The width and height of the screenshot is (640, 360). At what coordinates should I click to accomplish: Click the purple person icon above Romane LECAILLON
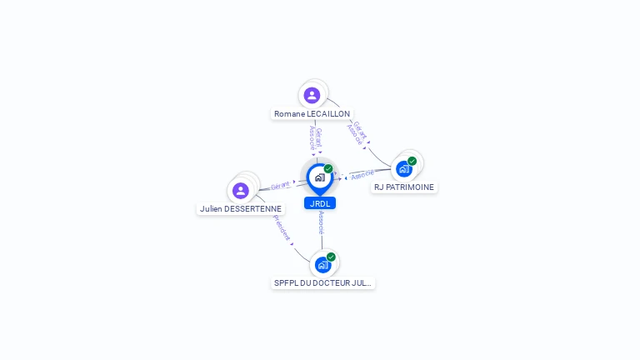(x=312, y=95)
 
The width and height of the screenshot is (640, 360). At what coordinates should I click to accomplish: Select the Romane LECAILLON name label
(x=312, y=113)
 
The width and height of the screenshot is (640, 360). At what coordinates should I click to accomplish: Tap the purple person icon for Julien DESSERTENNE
(x=241, y=190)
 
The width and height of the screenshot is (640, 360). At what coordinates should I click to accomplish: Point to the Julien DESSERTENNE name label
(x=241, y=208)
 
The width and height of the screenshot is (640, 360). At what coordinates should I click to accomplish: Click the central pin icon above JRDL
(x=319, y=177)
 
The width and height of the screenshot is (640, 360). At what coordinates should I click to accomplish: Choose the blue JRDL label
(x=319, y=203)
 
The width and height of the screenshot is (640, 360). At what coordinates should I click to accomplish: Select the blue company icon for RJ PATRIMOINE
(x=404, y=168)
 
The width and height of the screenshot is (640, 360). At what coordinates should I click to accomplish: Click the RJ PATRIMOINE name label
(x=404, y=187)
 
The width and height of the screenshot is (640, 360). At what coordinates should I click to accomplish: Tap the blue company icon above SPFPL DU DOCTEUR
(x=322, y=265)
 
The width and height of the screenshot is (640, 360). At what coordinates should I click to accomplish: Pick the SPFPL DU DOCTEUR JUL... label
(x=323, y=283)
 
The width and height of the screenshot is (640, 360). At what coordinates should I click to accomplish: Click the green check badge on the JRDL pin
(x=328, y=169)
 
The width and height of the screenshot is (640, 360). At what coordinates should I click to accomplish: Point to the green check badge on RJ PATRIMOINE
(x=412, y=161)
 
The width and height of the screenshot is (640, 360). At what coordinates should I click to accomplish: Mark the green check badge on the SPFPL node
(x=331, y=257)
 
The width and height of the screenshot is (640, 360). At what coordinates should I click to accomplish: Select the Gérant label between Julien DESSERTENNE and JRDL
(x=280, y=185)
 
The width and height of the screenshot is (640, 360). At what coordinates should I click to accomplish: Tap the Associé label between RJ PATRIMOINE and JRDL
(x=362, y=175)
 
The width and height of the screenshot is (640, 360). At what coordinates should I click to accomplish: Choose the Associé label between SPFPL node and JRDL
(x=321, y=222)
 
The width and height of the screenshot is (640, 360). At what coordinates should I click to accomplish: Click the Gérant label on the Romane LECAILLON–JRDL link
(x=318, y=137)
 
